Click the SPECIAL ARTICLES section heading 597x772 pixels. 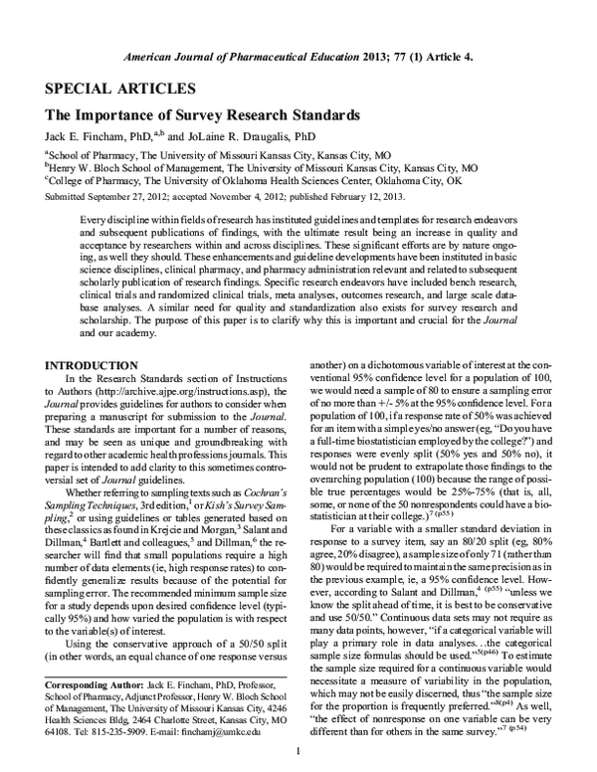pyautogui.click(x=107, y=87)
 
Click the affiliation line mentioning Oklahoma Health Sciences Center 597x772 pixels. pyautogui.click(x=254, y=181)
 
